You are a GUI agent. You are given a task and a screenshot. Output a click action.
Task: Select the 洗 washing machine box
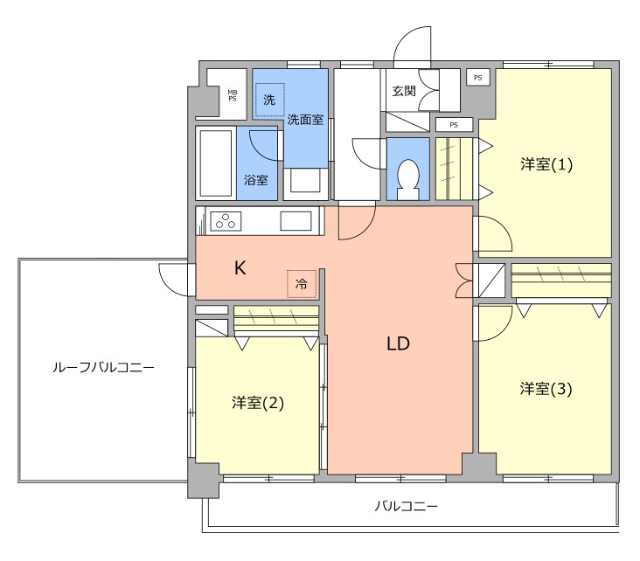pos(269,100)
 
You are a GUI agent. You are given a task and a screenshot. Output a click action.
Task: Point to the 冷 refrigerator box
pos(301,283)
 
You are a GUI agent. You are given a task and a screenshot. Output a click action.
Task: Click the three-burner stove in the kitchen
pos(225,221)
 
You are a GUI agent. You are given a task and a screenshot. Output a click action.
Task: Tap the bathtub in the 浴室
pos(215,163)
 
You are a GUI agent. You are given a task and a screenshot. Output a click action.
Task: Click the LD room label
pos(399,343)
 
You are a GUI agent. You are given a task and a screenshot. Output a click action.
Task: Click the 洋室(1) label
pos(546,164)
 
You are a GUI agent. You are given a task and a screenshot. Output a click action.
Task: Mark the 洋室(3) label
pos(546,389)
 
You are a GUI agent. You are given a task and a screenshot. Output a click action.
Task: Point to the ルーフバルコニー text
pos(102,369)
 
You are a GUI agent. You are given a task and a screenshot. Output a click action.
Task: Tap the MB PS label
pos(233,95)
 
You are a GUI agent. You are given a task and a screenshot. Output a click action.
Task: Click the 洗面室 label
pos(306,120)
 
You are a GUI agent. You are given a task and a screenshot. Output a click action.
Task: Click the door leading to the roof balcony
pos(178,280)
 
